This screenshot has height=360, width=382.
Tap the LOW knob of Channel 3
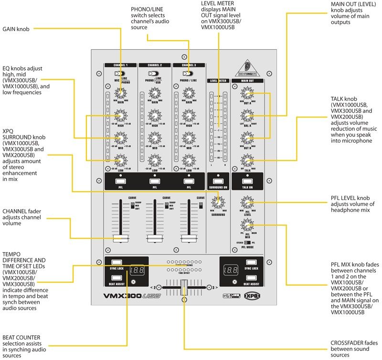tap(190, 160)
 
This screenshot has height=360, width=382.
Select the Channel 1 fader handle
tap(117, 238)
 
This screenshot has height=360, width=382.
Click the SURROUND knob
tap(218, 202)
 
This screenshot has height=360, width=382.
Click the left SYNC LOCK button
tap(117, 263)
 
